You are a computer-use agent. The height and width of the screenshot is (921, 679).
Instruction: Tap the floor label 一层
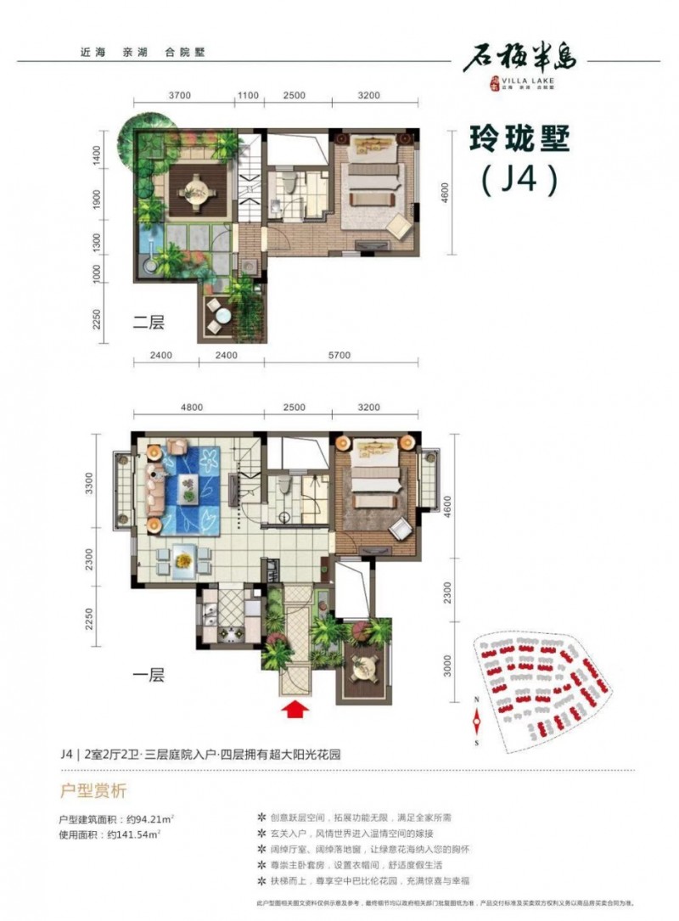(148, 677)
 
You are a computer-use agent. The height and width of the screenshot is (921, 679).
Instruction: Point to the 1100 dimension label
(248, 96)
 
